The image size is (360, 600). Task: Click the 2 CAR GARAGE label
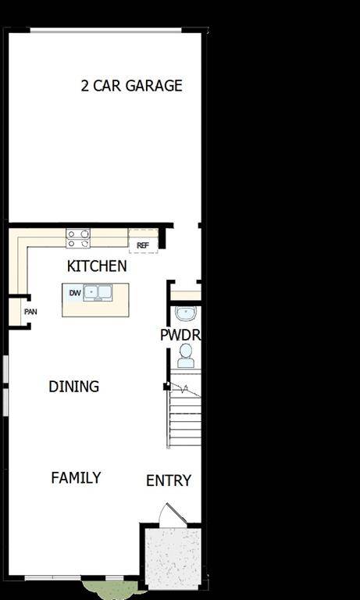click(131, 85)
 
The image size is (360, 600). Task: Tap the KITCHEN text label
click(97, 266)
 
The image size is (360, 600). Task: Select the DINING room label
click(73, 386)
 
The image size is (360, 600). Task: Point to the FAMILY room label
click(76, 477)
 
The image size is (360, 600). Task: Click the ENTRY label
click(169, 480)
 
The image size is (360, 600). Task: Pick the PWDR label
click(180, 334)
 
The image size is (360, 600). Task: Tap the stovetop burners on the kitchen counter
click(78, 238)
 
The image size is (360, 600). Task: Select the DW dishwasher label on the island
click(74, 293)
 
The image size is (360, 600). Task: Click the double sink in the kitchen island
click(99, 293)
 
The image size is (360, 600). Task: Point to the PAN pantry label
click(30, 312)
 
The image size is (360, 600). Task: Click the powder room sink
click(186, 314)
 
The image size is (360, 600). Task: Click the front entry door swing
click(170, 516)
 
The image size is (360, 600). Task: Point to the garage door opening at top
click(105, 30)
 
